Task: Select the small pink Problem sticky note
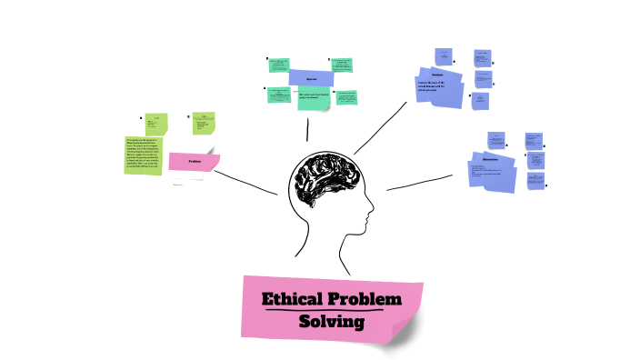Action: point(194,162)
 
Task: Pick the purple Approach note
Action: point(311,78)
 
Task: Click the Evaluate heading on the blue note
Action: point(436,74)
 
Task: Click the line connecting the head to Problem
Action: point(247,181)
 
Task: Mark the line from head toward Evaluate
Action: point(380,127)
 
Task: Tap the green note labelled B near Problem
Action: point(202,122)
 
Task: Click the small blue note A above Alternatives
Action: point(495,139)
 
